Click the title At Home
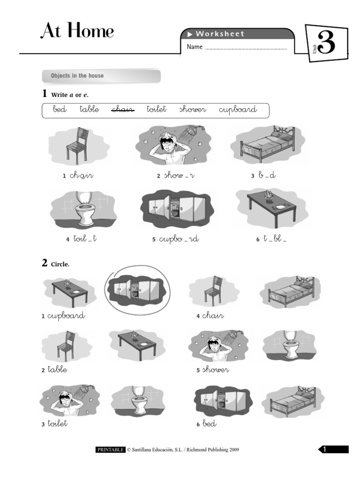tap(77, 31)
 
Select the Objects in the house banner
tap(101, 76)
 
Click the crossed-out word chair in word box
tap(123, 109)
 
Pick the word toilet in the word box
tap(157, 109)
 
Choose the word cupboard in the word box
tap(238, 110)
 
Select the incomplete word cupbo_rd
tap(179, 239)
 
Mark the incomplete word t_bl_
tap(274, 239)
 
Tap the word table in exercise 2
tap(57, 369)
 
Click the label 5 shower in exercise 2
tap(213, 370)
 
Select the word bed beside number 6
tap(210, 424)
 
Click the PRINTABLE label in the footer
tap(111, 450)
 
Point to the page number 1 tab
tap(334, 450)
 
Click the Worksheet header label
tap(220, 34)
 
